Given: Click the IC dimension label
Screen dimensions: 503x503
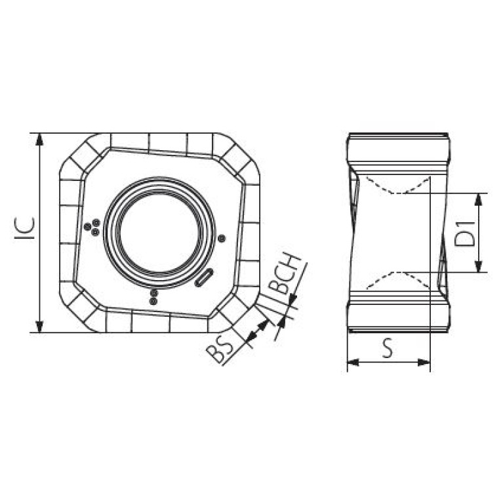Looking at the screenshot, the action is (x=25, y=228).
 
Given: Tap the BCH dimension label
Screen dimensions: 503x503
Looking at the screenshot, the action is (x=285, y=273).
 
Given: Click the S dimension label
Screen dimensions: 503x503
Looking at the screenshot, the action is (x=388, y=348).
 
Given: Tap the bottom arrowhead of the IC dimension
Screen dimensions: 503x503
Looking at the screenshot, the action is (x=39, y=325).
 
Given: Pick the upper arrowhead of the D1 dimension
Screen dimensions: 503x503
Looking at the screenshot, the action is (x=478, y=200).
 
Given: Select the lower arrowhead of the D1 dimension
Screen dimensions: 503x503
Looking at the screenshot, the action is (x=478, y=266).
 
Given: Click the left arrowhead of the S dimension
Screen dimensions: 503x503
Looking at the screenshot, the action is (x=354, y=363).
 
